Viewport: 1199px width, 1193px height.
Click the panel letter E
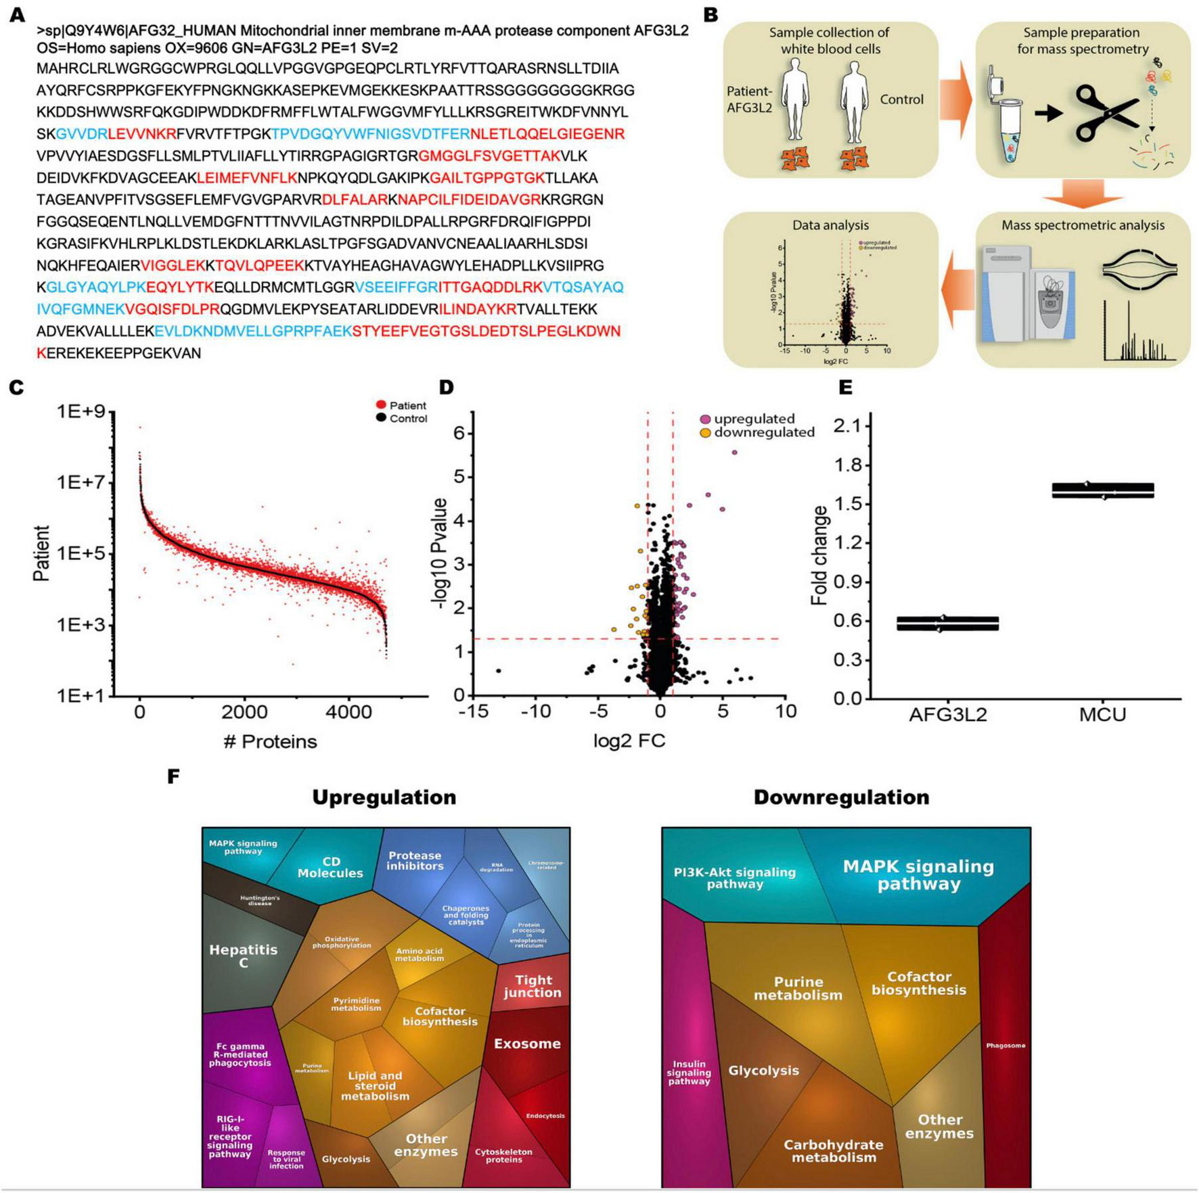(845, 387)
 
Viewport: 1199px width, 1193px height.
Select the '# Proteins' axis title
(270, 741)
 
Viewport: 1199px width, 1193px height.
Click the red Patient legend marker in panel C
(381, 405)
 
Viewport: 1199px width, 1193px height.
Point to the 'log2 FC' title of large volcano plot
(629, 740)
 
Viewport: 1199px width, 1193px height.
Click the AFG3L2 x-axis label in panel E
(948, 714)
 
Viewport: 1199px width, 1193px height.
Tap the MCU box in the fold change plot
(1103, 490)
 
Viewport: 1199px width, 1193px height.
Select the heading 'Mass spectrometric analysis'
(1083, 225)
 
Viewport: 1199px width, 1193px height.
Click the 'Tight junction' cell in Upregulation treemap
(533, 986)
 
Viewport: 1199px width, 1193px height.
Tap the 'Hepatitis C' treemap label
(244, 955)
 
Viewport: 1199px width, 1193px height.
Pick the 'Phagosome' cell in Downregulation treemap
(1005, 1046)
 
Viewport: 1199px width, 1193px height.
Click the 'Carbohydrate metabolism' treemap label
(834, 1150)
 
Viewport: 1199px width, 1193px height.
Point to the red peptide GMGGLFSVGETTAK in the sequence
(489, 156)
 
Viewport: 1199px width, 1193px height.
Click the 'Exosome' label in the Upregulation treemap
(527, 1044)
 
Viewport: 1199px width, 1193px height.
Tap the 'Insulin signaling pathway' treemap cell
(689, 1072)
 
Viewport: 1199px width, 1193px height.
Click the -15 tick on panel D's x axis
(474, 711)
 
